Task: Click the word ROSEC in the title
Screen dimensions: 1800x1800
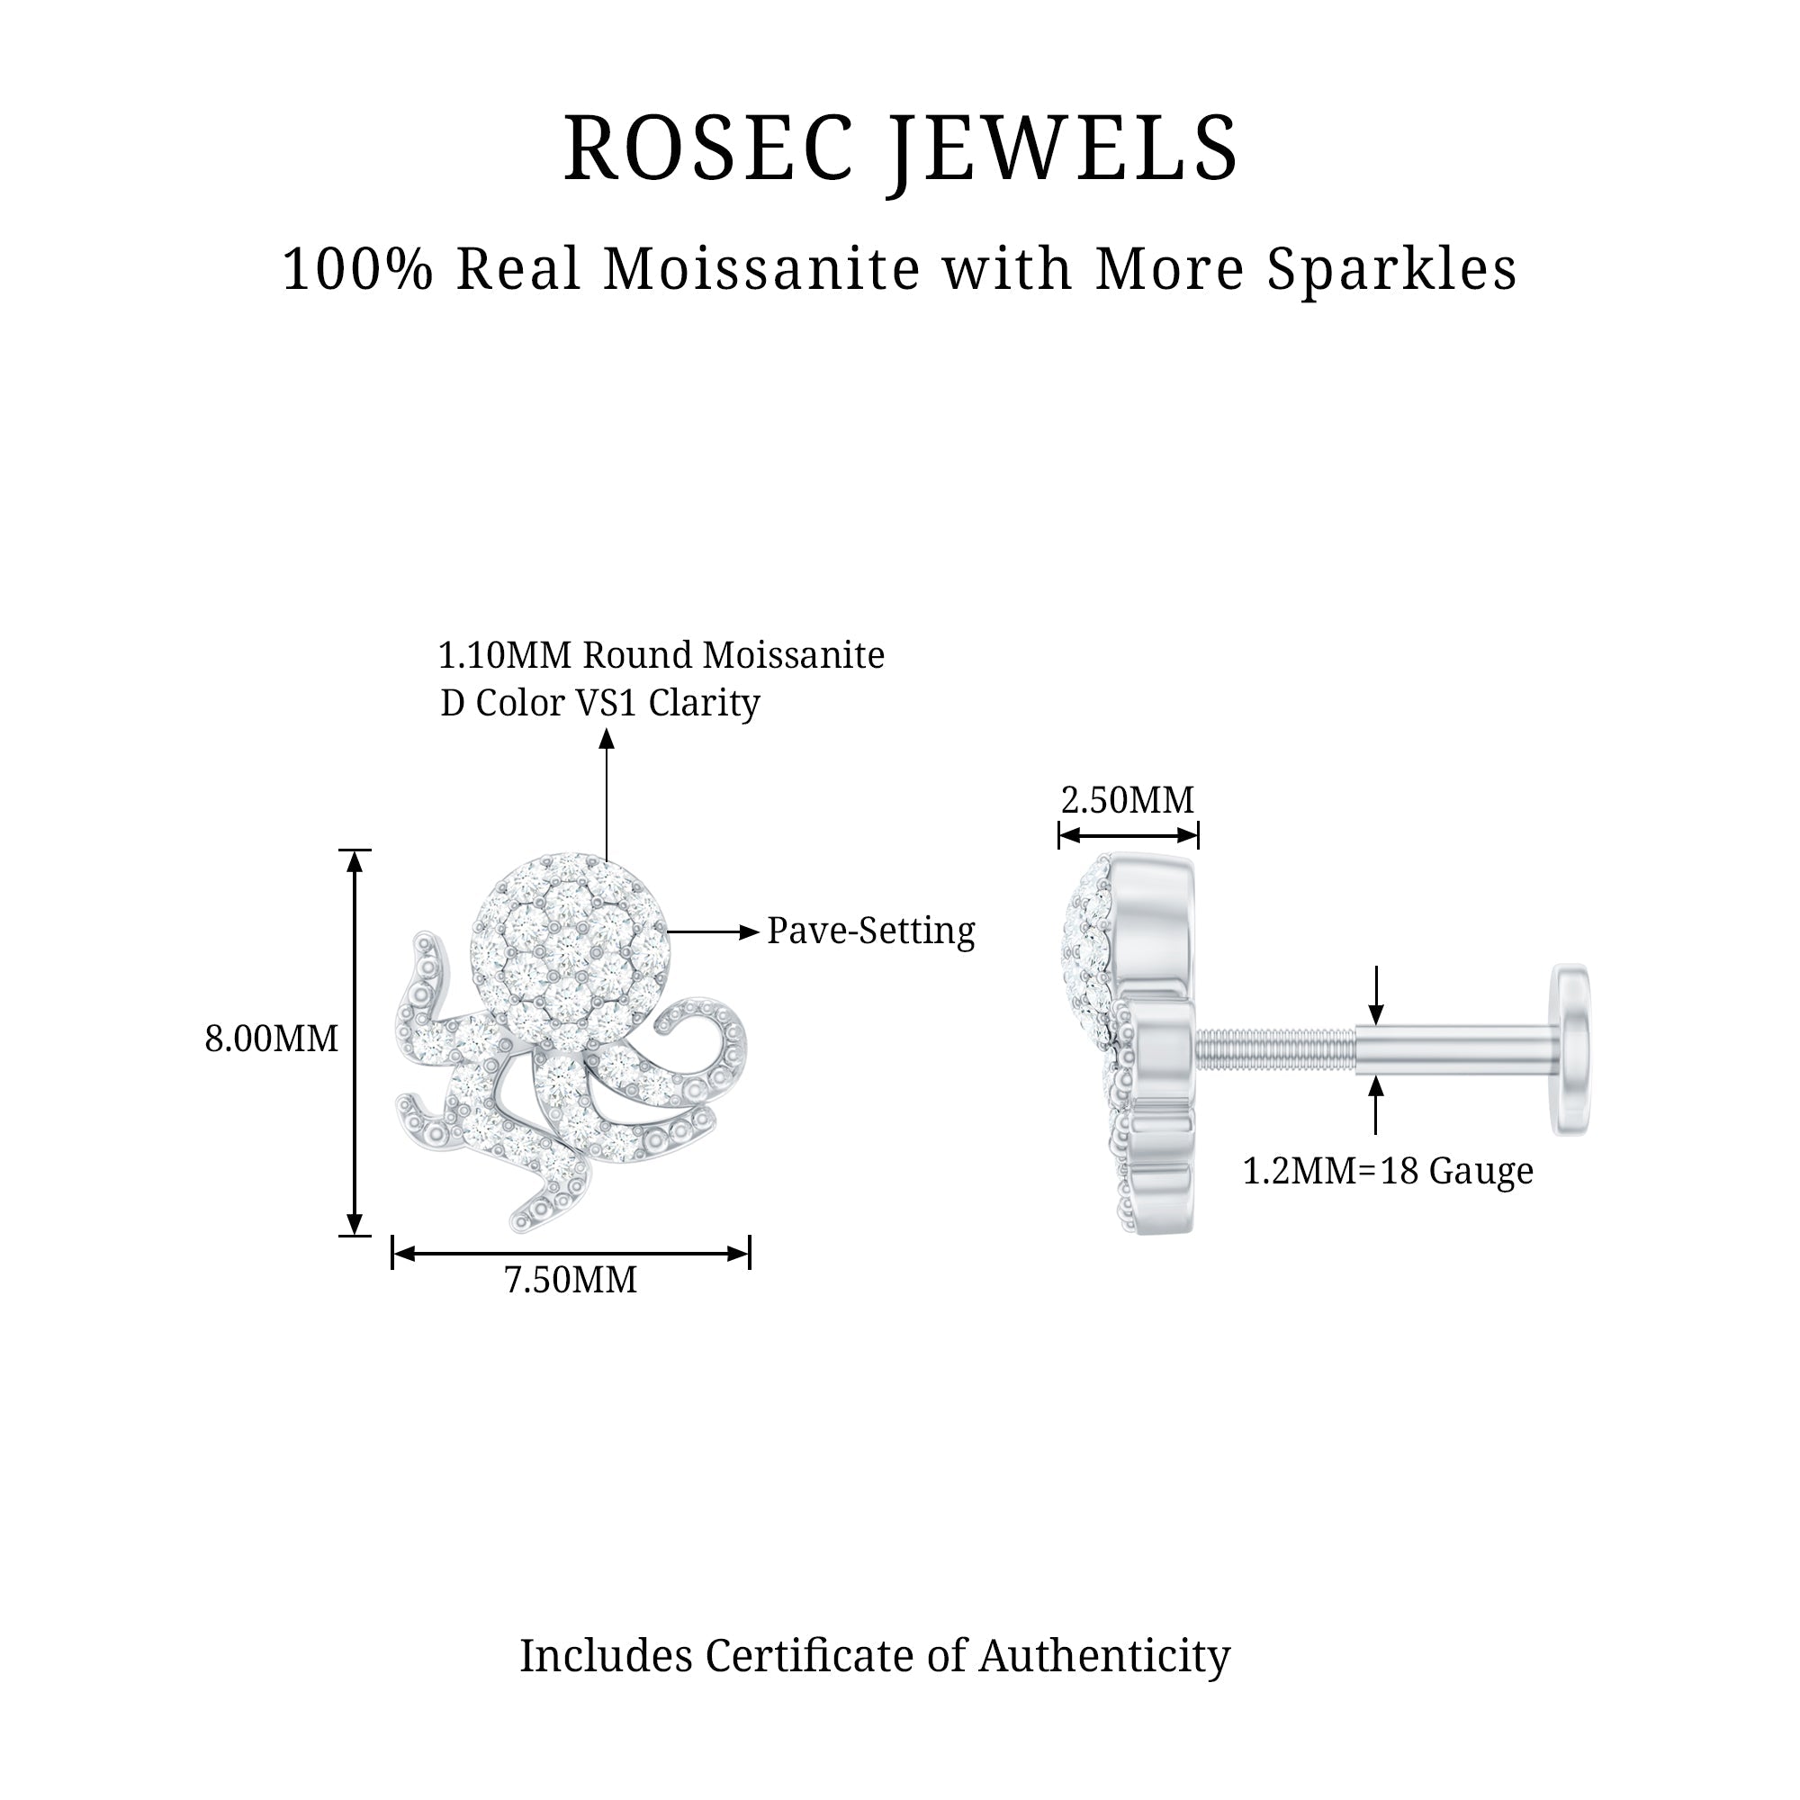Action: coord(708,148)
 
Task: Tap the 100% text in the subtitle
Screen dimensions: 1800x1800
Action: coord(358,270)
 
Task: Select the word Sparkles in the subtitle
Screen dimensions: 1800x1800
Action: coord(1391,270)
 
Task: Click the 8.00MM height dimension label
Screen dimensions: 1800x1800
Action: coord(271,1039)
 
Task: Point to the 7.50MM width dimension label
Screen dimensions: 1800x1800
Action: coord(571,1280)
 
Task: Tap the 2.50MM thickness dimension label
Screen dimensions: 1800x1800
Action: coord(1128,800)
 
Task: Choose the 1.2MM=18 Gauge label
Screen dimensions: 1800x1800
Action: coord(1387,1171)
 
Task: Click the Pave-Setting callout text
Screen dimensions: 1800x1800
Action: coord(870,931)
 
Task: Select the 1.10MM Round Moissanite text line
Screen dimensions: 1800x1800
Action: coord(661,656)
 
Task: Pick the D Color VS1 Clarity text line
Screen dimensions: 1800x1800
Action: coord(600,704)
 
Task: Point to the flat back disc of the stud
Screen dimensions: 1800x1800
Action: coord(1570,1049)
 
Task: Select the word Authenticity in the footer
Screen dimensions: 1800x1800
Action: coord(1104,1657)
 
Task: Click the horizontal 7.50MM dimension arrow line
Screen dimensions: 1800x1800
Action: coord(571,1254)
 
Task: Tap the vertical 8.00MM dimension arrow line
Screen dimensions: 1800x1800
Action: coord(354,1042)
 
